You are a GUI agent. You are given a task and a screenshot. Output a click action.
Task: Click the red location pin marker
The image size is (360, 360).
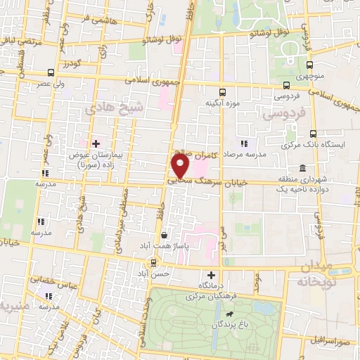pyautogui.click(x=180, y=167)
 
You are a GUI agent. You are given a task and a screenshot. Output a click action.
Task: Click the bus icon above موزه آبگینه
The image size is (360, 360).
pyautogui.click(x=222, y=93)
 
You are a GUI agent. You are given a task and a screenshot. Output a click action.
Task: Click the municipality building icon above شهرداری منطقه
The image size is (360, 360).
pyautogui.click(x=302, y=168)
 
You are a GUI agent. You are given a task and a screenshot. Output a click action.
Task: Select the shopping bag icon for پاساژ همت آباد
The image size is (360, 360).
pyautogui.click(x=165, y=236)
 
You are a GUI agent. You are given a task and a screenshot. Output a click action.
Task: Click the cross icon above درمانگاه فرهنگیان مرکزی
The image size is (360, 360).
pyautogui.click(x=210, y=275)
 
